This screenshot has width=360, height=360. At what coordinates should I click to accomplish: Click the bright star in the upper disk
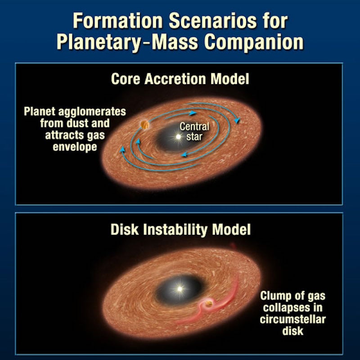(x=179, y=136)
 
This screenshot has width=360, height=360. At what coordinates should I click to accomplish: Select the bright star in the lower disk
(x=180, y=288)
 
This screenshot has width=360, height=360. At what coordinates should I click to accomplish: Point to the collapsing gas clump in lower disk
(x=208, y=306)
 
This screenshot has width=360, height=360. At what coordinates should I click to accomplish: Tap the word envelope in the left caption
(x=79, y=147)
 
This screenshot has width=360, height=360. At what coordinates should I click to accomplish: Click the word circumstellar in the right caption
(x=292, y=319)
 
